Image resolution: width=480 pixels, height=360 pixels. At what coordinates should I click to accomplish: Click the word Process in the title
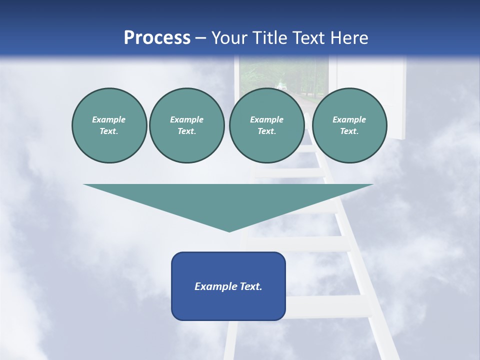pyautogui.click(x=157, y=38)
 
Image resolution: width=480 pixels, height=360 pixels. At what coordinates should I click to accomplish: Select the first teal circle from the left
pyautogui.click(x=109, y=125)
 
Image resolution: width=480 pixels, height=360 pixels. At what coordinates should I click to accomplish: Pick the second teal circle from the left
pyautogui.click(x=187, y=125)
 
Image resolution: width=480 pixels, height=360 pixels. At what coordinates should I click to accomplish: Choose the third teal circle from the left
pyautogui.click(x=266, y=125)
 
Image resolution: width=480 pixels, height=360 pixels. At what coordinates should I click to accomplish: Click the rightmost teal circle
pyautogui.click(x=349, y=125)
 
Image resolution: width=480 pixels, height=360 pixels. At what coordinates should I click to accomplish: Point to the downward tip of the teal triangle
pyautogui.click(x=229, y=230)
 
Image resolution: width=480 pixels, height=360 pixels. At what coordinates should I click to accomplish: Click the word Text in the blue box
pyautogui.click(x=250, y=286)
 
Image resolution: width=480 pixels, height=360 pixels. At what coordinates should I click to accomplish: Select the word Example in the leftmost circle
pyautogui.click(x=109, y=120)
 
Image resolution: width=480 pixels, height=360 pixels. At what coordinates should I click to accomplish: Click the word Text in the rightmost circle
pyautogui.click(x=349, y=131)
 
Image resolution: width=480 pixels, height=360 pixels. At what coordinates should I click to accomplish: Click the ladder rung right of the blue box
pyautogui.click(x=327, y=305)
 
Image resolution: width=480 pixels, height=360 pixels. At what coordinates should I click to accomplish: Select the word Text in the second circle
pyautogui.click(x=186, y=131)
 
